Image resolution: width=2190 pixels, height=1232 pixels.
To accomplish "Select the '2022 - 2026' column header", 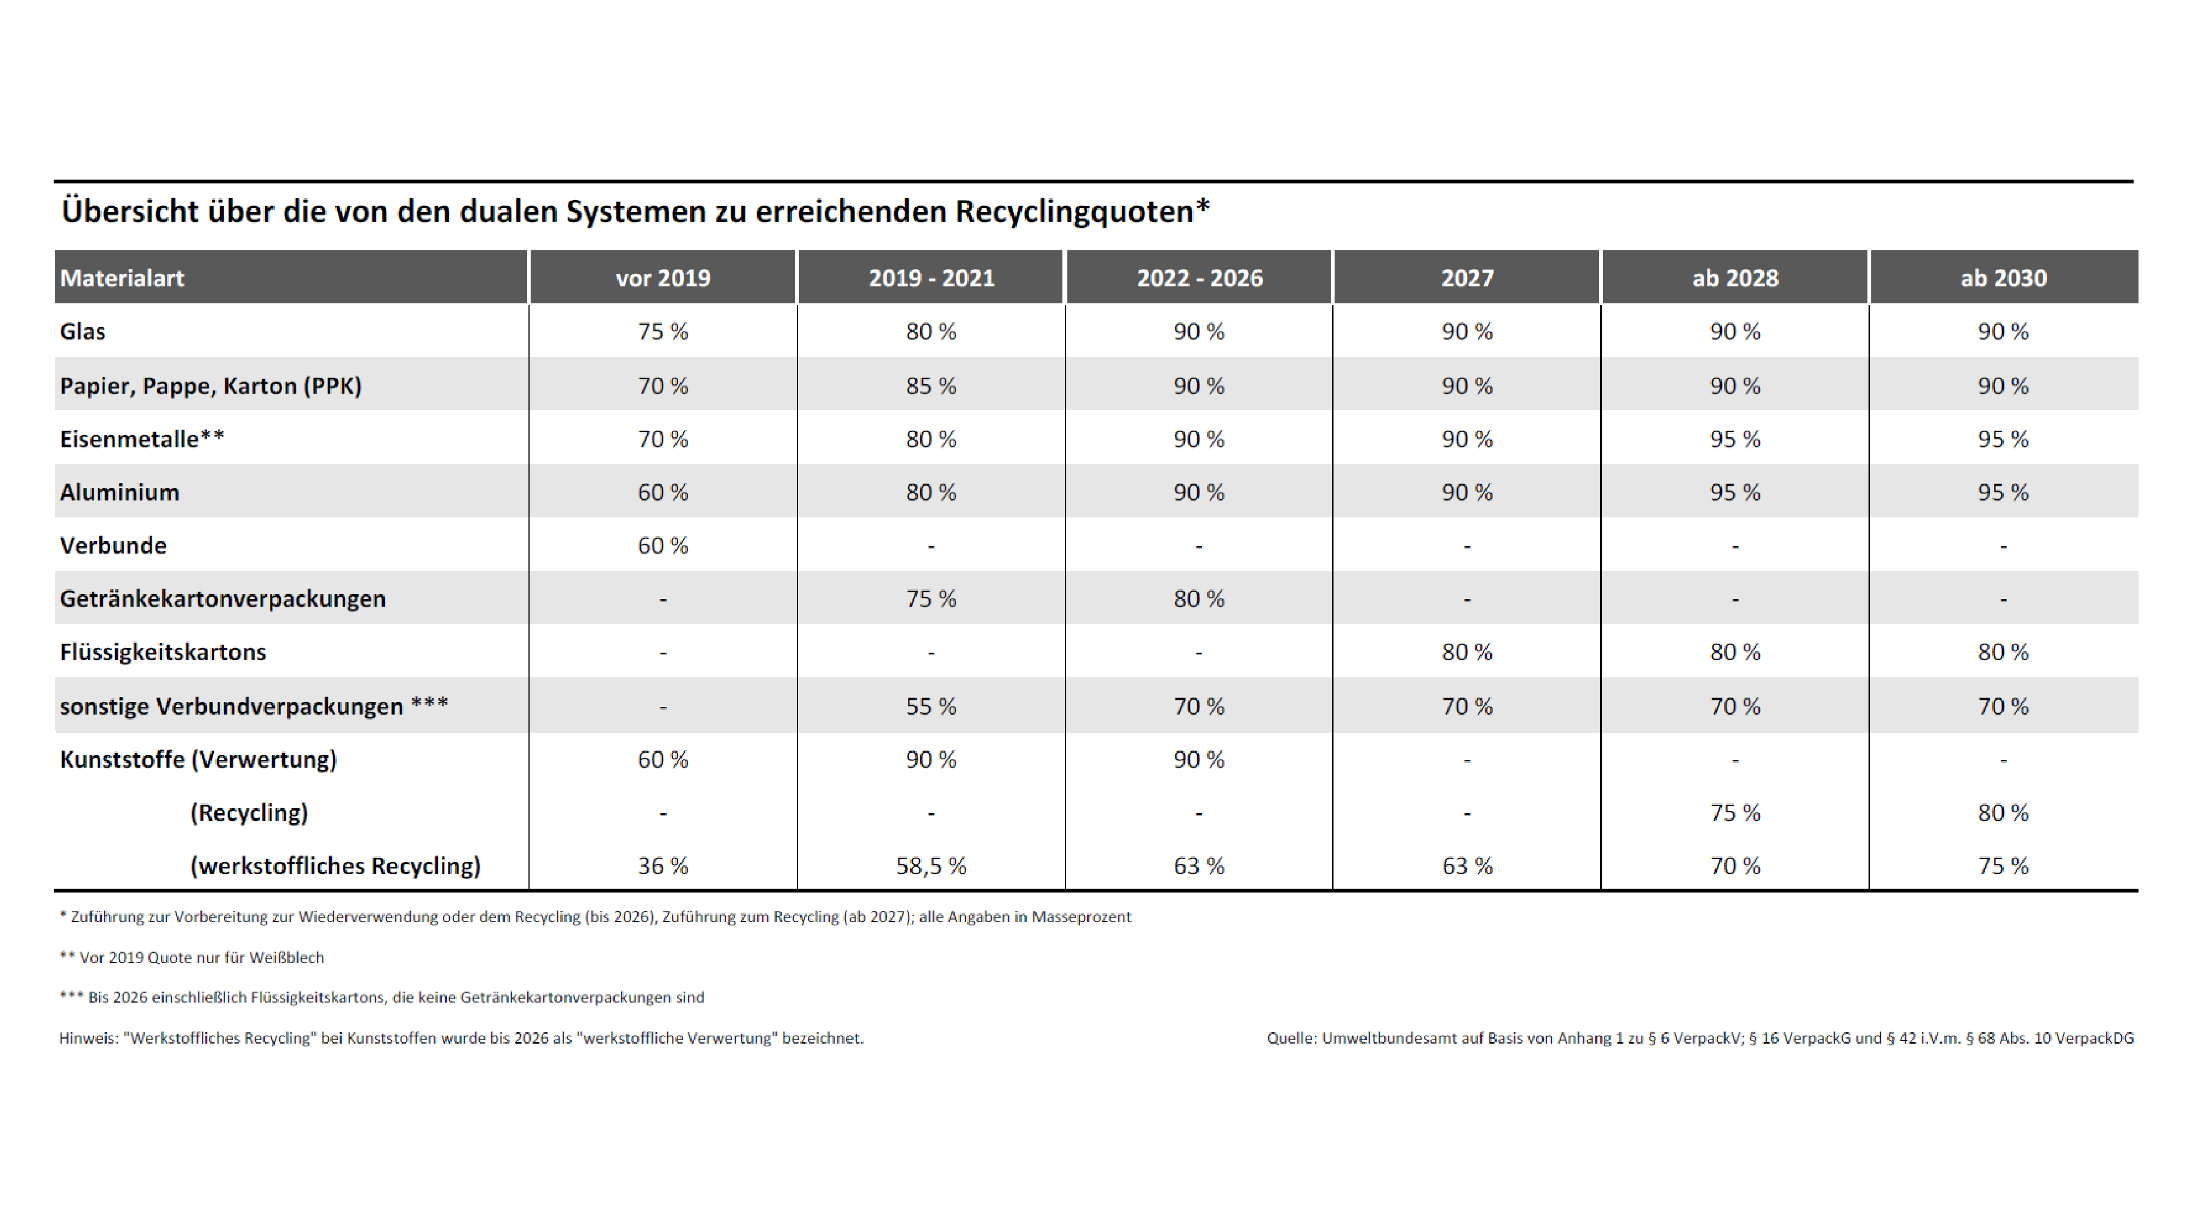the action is point(1199,278).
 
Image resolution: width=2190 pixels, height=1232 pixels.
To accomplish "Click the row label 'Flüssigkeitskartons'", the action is point(163,652).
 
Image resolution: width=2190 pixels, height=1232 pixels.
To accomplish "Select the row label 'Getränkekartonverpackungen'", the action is point(223,598).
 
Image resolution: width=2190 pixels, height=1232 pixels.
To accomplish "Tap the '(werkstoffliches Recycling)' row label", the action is point(335,866).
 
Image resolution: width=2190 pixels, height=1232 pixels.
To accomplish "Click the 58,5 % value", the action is point(931,866).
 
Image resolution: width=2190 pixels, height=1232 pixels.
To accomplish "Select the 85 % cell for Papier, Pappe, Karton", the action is point(931,385).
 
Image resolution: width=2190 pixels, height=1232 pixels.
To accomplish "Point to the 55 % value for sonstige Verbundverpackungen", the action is point(931,706).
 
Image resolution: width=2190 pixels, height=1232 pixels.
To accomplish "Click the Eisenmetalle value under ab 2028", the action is point(1735,439).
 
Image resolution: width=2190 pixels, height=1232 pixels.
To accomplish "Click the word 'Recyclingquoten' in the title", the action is point(1074,211).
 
